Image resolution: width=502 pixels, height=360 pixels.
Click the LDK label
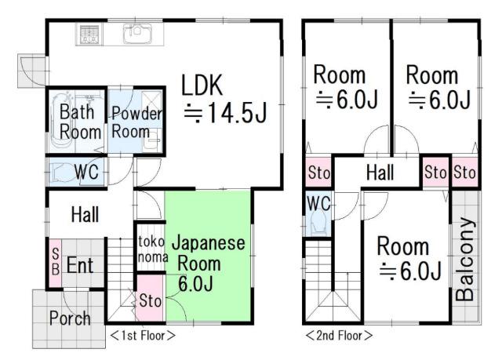coord(202,85)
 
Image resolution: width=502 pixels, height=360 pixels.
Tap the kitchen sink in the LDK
coord(137,33)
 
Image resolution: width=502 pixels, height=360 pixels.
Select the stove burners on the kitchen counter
coord(89,34)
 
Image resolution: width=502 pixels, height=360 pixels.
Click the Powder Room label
coord(136,122)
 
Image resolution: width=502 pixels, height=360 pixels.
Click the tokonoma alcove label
coord(152,249)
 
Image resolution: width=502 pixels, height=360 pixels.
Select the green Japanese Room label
coord(207,264)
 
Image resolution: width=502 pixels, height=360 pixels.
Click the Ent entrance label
coord(80,265)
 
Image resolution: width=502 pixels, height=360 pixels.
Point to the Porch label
coord(70,318)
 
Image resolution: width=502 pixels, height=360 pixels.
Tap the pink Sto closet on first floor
coord(150,298)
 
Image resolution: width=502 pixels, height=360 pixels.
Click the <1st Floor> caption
coord(143,336)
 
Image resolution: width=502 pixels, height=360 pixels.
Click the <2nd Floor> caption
coord(339,336)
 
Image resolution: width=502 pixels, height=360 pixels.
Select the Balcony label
coord(465,259)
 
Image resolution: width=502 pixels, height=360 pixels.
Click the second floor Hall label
coord(380,173)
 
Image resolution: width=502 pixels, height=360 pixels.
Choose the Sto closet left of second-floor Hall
coord(318,173)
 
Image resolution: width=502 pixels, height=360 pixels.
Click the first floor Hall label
coord(85,214)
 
